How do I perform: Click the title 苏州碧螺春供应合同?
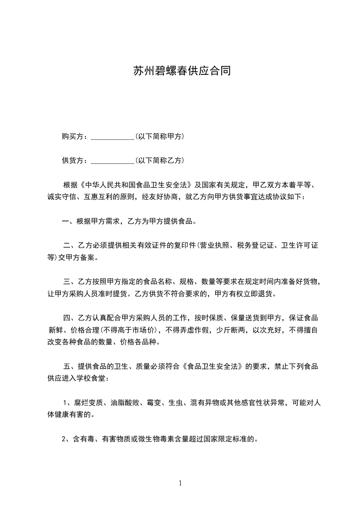click(180, 71)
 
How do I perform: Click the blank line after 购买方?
click(112, 137)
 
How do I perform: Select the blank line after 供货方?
click(112, 161)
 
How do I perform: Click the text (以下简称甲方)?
click(159, 137)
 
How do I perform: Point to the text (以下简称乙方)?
click(159, 161)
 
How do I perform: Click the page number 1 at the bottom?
click(180, 483)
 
